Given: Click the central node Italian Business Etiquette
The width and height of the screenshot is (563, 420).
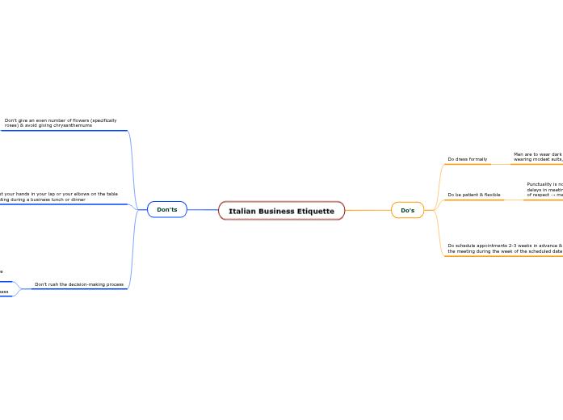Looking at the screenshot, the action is (281, 211).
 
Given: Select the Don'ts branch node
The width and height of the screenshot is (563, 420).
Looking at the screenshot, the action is (167, 210).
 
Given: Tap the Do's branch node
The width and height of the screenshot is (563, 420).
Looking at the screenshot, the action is (407, 211).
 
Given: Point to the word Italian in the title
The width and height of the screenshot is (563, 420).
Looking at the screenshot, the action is (242, 211).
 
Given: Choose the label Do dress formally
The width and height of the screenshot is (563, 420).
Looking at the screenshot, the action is (467, 159).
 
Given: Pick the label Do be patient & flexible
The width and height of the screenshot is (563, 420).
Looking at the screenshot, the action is (473, 195).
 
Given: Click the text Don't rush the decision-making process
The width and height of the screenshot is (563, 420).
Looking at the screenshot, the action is (79, 284).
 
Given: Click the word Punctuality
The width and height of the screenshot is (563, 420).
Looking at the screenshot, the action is (541, 184).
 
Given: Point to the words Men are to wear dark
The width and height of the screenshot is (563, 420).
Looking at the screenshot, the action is (537, 153).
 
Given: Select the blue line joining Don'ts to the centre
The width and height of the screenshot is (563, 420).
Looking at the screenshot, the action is (203, 210).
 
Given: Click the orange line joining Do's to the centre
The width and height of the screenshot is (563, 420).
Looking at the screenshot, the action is (368, 211).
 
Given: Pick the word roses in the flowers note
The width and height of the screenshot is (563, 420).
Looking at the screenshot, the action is (11, 126).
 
